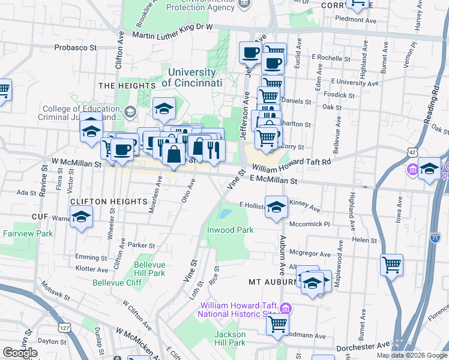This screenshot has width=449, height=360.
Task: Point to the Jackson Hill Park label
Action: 231,338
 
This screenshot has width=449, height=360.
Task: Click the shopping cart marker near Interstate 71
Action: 391,265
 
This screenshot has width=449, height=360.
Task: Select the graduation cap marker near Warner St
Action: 81,218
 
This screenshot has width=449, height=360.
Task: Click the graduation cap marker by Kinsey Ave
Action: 276,208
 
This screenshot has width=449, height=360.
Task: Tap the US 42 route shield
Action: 412,153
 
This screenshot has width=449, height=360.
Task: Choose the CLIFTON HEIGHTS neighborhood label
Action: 108,201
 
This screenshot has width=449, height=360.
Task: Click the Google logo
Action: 20,352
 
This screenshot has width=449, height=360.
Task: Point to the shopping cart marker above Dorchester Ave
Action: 278,324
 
